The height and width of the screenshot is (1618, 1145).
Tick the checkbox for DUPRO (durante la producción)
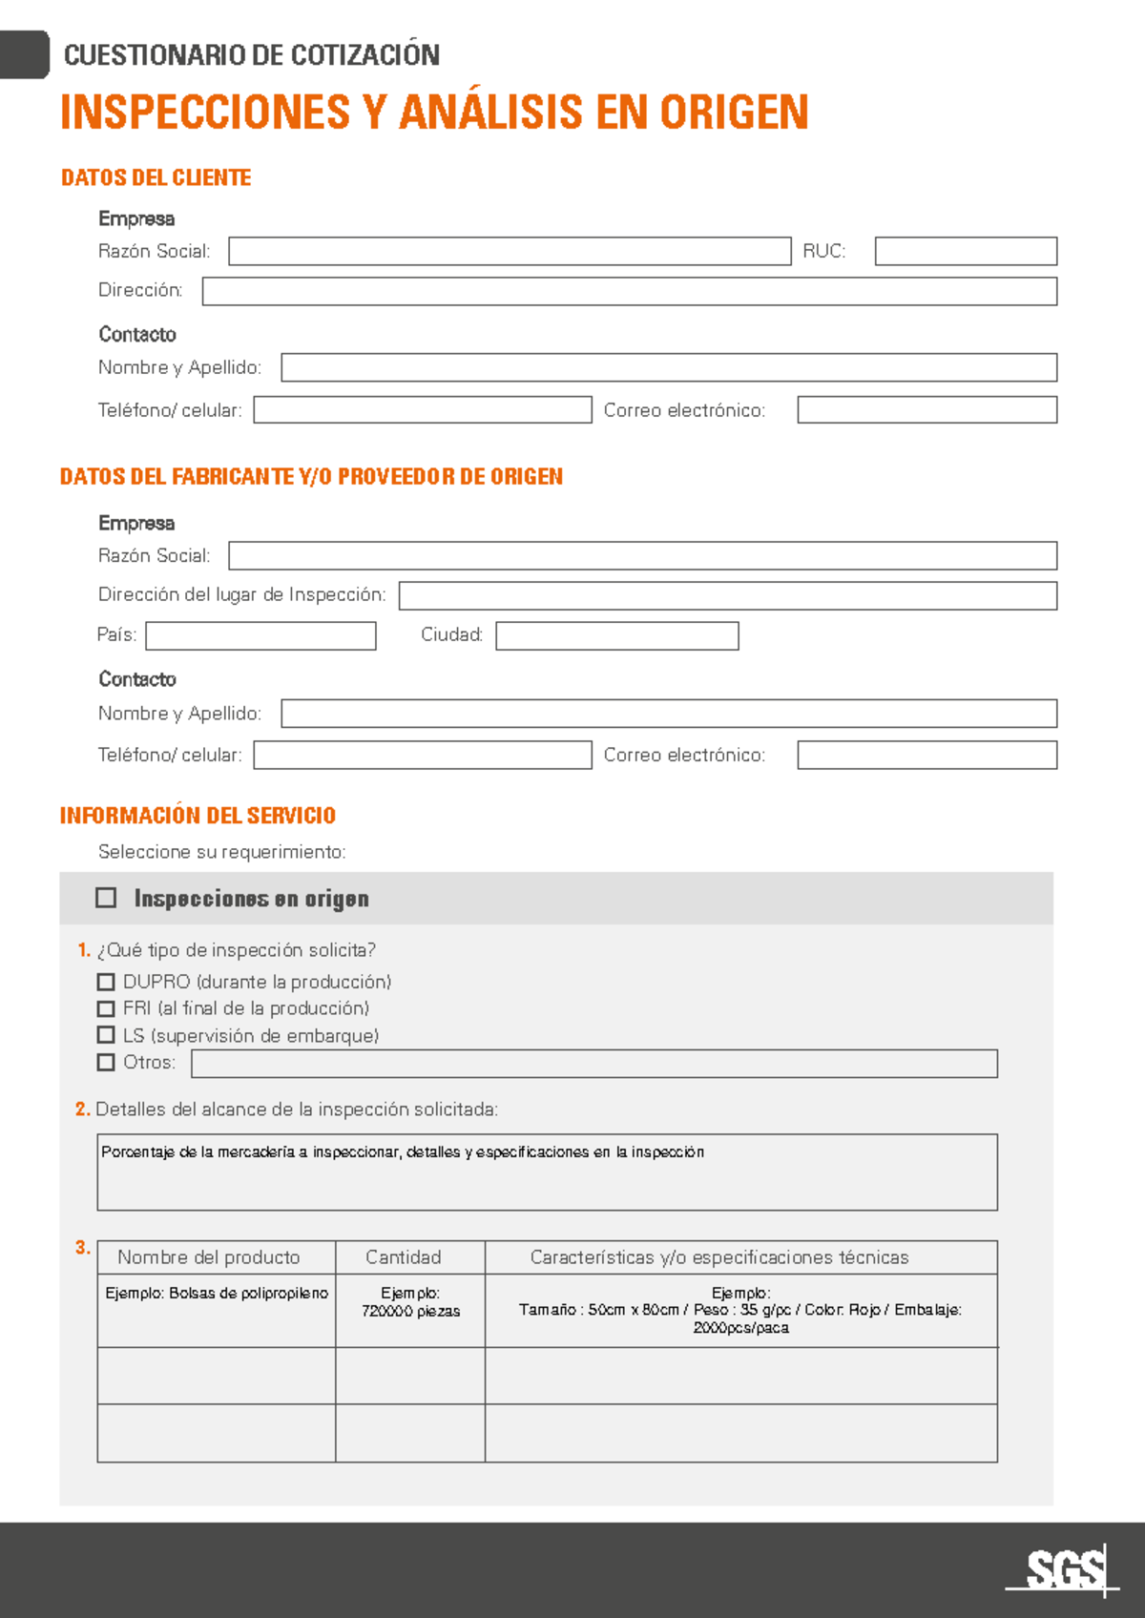[x=106, y=982]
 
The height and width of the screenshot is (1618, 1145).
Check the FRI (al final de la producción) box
[x=106, y=1008]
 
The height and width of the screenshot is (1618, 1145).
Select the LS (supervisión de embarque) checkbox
[x=106, y=1035]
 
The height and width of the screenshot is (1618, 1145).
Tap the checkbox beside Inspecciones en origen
[x=106, y=898]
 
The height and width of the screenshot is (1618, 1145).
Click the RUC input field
[x=966, y=251]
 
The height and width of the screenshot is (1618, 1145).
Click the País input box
[x=260, y=635]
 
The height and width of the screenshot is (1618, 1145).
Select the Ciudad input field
[x=616, y=635]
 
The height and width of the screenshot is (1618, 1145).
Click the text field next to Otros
[x=593, y=1064]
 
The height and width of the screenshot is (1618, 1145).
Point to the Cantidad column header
[x=404, y=1257]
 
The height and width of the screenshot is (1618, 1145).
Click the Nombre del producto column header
[x=209, y=1257]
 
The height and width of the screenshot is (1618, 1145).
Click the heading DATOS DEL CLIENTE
[x=156, y=178]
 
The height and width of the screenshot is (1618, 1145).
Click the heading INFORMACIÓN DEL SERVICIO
[x=198, y=816]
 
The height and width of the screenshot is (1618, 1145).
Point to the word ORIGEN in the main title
[x=734, y=113]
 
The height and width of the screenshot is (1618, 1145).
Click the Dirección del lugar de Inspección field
[x=727, y=595]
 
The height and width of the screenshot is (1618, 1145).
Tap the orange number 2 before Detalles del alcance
[x=82, y=1110]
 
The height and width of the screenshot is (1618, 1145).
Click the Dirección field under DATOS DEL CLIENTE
[x=629, y=291]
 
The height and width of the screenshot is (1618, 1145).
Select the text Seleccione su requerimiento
[x=221, y=852]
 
